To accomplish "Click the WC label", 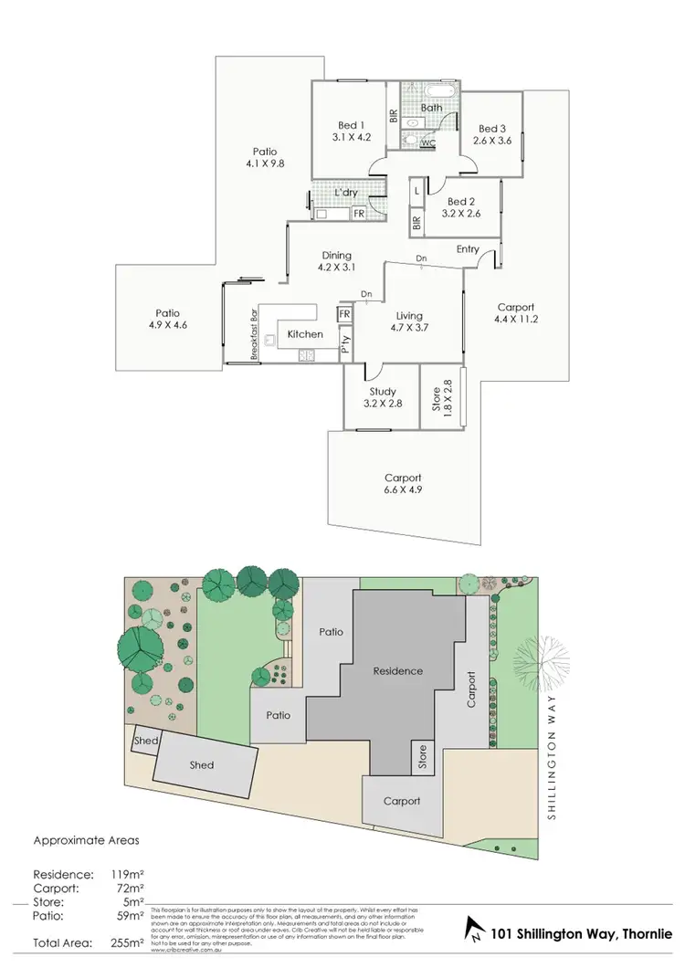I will coord(427,142).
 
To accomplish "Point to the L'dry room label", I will coord(345,194).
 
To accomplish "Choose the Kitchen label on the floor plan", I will coord(305,334).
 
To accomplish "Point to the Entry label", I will coord(467,249).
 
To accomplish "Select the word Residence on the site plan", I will coord(397,671).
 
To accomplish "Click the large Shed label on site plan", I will coord(201,765).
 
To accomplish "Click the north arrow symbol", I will coord(476,932).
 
